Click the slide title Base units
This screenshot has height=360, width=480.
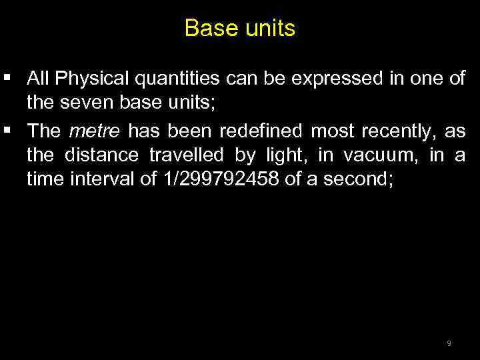(239, 28)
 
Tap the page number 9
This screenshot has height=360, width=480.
(449, 343)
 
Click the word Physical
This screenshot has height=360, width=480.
(94, 79)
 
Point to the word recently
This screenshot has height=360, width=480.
(393, 131)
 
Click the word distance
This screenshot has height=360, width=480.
(102, 155)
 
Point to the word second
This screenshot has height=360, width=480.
(359, 181)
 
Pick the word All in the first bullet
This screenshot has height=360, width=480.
(37, 79)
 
